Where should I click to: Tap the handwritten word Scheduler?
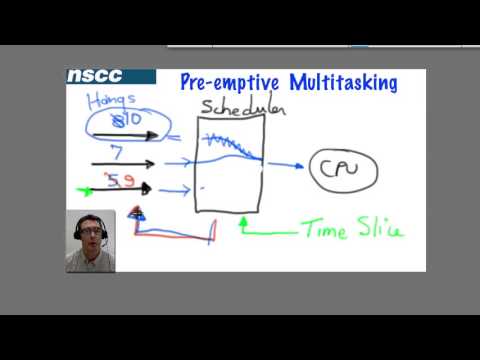[243, 106]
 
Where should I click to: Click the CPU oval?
[345, 169]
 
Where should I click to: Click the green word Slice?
[378, 231]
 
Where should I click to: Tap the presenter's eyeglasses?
[90, 231]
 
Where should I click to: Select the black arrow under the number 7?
[122, 162]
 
